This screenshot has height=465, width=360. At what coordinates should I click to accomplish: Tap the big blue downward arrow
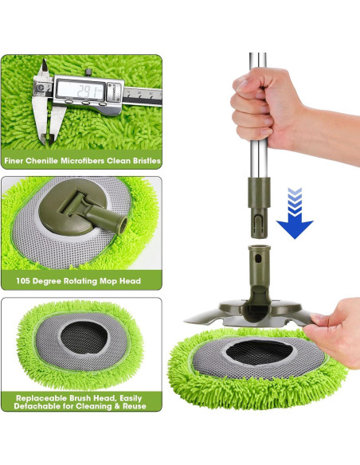pos(295,225)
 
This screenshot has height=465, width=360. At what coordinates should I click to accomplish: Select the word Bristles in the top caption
pos(143,161)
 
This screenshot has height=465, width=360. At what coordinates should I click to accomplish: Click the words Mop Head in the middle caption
pos(119,281)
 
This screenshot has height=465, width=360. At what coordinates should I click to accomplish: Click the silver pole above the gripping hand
pos(257,64)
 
